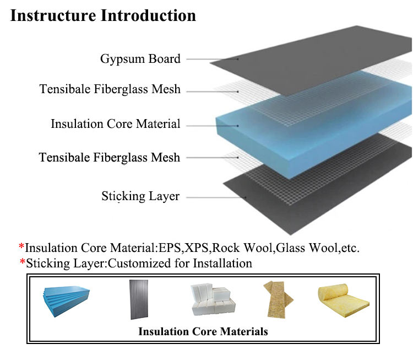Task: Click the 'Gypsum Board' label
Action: (140, 59)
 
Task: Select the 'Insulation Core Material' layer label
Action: (116, 123)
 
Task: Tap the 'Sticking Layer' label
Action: (140, 196)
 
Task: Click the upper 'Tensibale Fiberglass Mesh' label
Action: (110, 89)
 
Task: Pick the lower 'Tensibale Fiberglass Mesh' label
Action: (110, 157)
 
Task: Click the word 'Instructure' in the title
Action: (53, 15)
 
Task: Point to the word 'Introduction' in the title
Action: (148, 15)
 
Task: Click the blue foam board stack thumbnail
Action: (66, 301)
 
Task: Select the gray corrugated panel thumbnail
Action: (139, 299)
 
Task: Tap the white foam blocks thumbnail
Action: (213, 299)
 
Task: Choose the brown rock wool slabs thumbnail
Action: (278, 299)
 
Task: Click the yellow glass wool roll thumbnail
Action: (344, 300)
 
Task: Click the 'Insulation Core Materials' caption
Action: (203, 331)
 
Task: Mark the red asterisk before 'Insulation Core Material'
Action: (21, 246)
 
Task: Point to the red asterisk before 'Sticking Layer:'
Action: (23, 262)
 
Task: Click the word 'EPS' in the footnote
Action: (170, 248)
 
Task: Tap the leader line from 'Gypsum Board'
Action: (213, 59)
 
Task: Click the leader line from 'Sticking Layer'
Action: (216, 197)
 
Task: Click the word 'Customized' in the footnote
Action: (140, 263)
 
